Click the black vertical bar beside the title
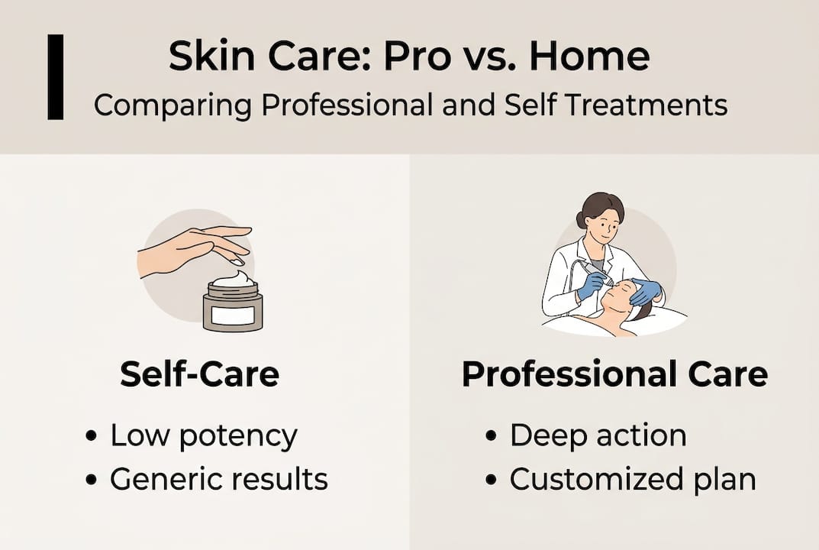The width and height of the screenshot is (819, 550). point(56,76)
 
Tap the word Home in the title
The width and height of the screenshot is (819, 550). point(592,58)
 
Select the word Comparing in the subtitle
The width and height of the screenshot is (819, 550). point(172,105)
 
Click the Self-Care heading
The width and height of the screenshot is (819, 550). point(199,375)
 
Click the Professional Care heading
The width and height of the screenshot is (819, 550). point(614,375)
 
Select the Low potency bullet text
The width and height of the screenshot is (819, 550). point(204,435)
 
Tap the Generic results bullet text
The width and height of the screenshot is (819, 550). point(219,480)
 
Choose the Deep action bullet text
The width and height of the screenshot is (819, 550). point(598,435)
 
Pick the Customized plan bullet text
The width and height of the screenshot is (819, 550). point(633,480)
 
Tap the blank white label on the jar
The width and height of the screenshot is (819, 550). point(233,314)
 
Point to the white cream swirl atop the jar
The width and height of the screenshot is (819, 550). point(234,280)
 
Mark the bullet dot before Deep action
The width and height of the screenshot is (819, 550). point(493,437)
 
